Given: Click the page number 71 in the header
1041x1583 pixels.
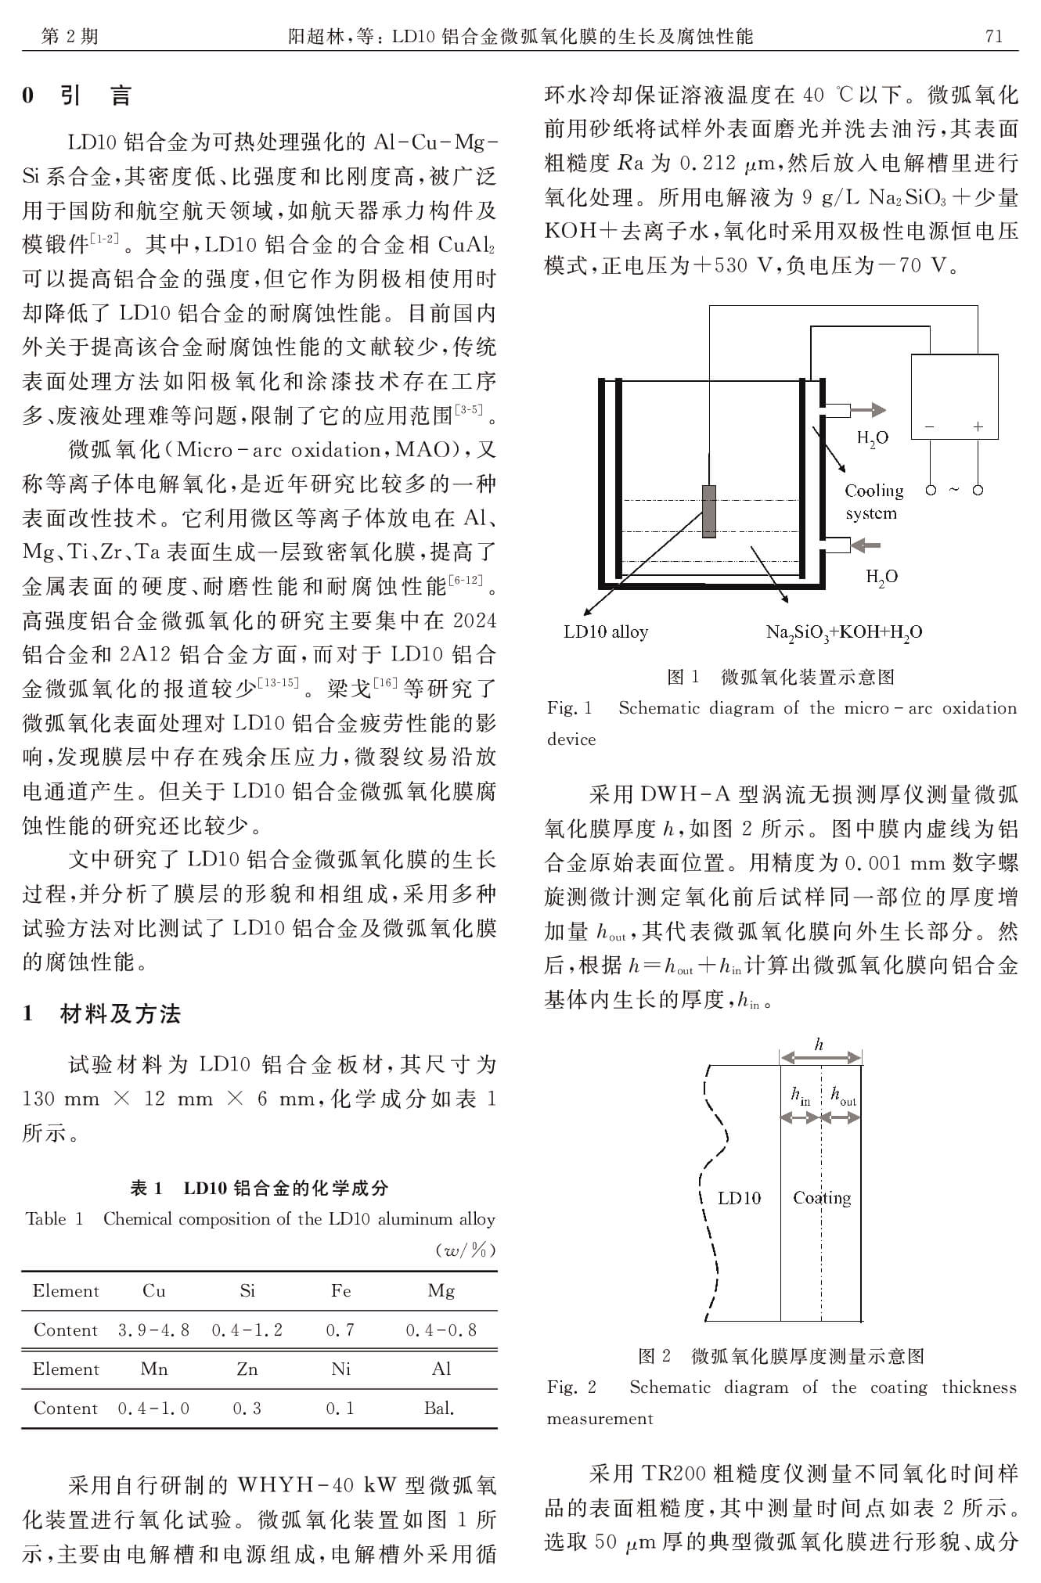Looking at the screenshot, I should pos(993,36).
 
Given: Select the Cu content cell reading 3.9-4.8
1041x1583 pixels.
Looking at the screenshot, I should pos(153,1329).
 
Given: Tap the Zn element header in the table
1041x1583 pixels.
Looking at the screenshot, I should pos(247,1369).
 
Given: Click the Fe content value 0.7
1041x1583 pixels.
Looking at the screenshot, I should pos(340,1329).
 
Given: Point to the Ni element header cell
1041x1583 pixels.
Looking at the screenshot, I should pos(340,1369).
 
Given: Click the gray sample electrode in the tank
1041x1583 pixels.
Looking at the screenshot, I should pos(708,511).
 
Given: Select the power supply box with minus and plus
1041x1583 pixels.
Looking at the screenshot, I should pos(954,398).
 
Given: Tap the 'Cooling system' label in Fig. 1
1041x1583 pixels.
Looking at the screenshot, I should pos(874,502).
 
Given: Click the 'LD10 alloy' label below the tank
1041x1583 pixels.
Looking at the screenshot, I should pos(606,631).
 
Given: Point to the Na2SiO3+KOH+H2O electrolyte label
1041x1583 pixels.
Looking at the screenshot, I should pos(844,632).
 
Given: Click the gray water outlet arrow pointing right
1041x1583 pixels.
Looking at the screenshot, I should pos(868,409).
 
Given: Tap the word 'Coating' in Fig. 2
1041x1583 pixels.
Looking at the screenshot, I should pos(822,1197).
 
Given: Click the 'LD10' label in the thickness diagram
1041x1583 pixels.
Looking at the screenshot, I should pos(739,1197).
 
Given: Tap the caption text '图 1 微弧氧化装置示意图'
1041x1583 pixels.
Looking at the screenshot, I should pos(780,676).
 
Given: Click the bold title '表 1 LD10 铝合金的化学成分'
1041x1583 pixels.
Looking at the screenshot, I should pos(259,1188).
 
